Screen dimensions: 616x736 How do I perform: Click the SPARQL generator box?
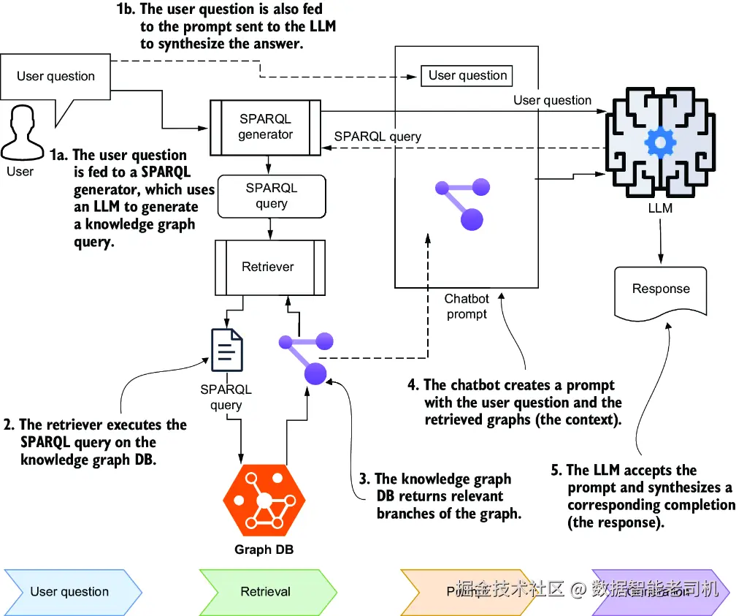(x=266, y=126)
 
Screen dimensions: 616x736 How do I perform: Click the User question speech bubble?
(x=55, y=77)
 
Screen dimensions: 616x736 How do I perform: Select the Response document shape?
(x=661, y=290)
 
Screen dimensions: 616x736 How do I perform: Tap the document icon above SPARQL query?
(x=227, y=351)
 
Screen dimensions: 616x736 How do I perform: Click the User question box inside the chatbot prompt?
(x=467, y=76)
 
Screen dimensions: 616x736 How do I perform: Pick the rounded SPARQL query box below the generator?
(x=271, y=196)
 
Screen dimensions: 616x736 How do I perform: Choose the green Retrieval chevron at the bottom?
(x=266, y=592)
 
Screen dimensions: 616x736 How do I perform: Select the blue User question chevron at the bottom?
(x=70, y=592)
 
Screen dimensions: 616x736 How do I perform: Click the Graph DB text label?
(x=264, y=550)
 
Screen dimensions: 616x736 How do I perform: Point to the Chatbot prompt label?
(x=467, y=307)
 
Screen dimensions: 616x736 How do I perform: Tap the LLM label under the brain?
(x=660, y=208)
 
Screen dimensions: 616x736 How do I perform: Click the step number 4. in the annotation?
(x=413, y=384)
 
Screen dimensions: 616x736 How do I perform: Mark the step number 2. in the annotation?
(x=8, y=425)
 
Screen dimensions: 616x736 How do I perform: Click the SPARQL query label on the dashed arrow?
(x=377, y=137)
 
